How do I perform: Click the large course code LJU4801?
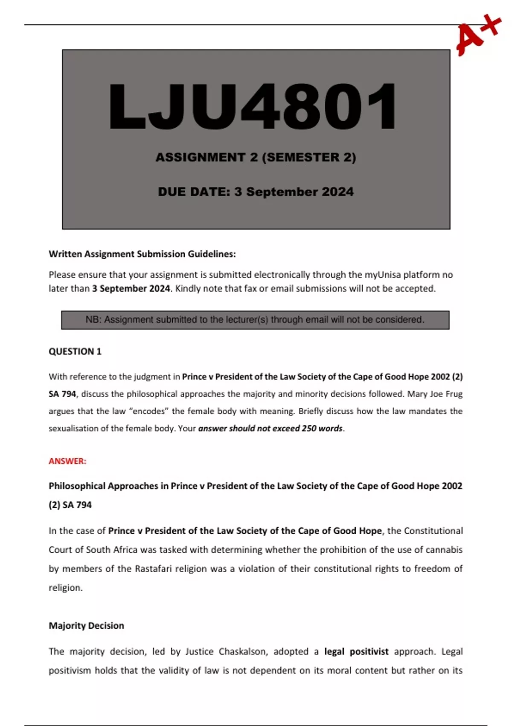click(x=253, y=106)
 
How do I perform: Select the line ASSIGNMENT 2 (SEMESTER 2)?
click(x=256, y=157)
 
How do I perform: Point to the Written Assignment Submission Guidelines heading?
click(x=142, y=254)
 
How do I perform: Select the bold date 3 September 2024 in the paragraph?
click(x=131, y=289)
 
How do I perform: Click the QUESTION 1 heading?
click(x=75, y=351)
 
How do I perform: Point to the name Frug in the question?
click(x=454, y=394)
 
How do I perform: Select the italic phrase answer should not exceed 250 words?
click(x=271, y=428)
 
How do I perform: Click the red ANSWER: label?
click(x=67, y=461)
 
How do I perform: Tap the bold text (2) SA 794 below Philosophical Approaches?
click(x=70, y=505)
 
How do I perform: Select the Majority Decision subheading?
click(x=86, y=626)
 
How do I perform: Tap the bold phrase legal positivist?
click(x=356, y=652)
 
